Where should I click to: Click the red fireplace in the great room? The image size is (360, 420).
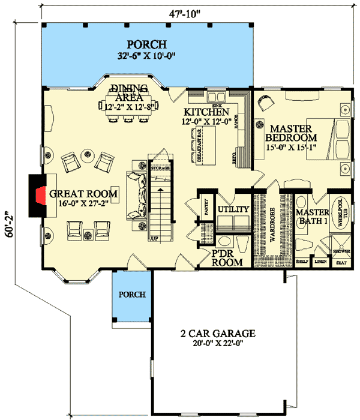point(39,193)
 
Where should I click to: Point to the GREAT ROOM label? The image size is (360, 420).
point(83,194)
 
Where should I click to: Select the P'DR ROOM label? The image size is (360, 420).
point(227,258)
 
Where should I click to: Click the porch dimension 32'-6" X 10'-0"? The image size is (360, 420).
point(146,58)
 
